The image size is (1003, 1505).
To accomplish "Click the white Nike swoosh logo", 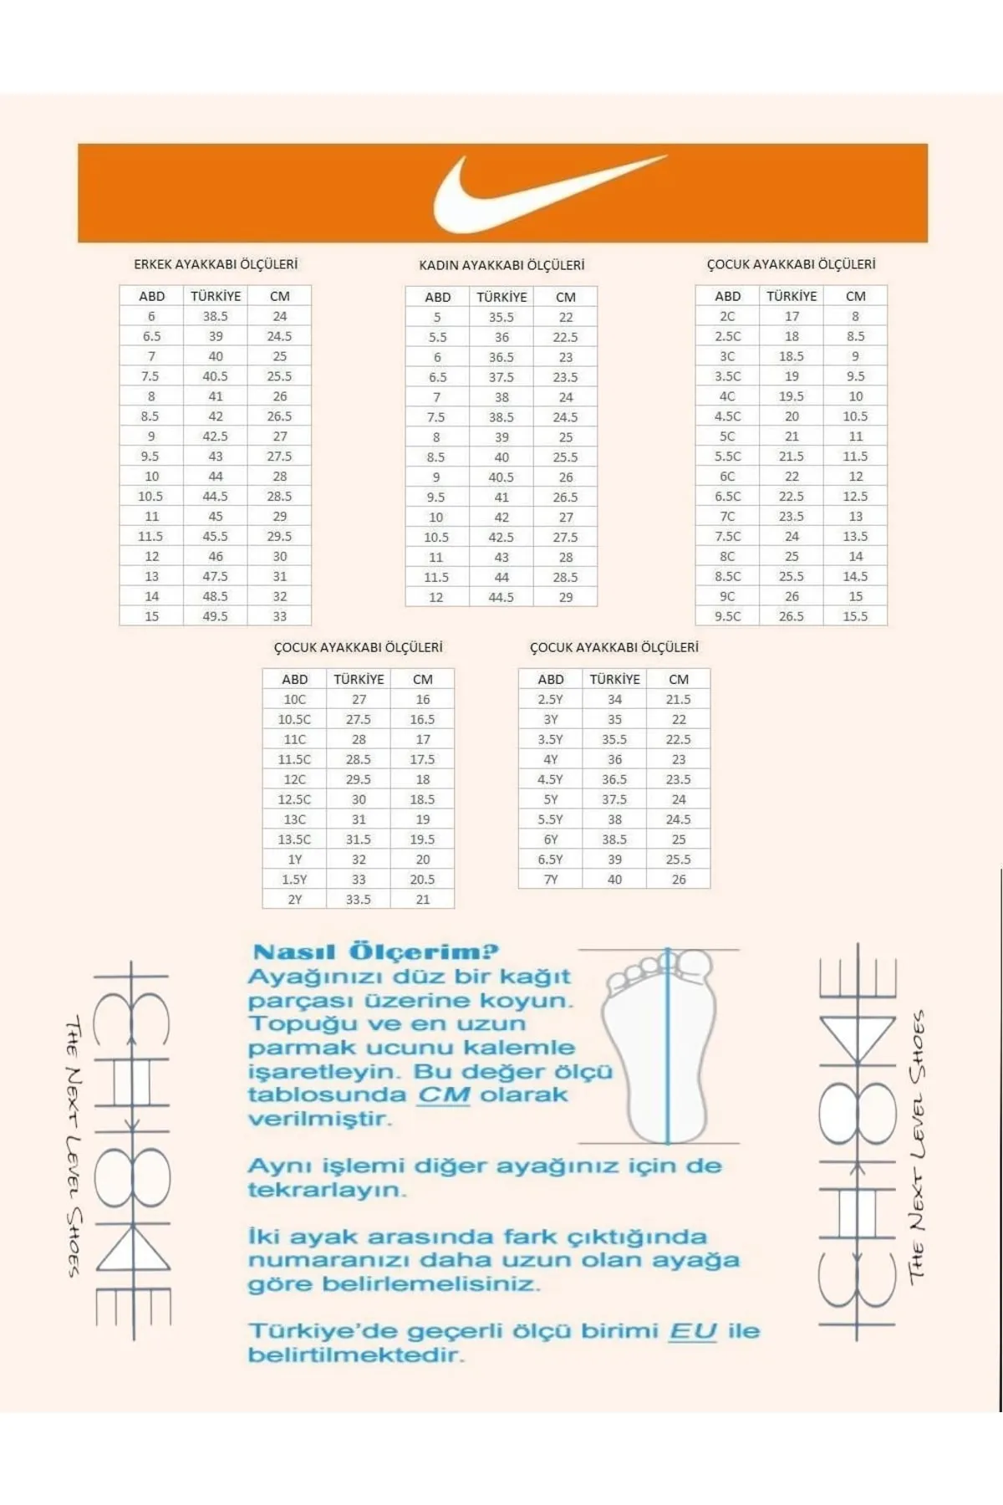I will (x=518, y=196).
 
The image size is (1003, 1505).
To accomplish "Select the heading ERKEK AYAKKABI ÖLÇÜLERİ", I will (x=216, y=264).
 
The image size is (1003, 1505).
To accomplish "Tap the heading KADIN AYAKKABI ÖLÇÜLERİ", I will (x=501, y=265).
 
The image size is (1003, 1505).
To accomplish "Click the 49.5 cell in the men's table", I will (x=215, y=616).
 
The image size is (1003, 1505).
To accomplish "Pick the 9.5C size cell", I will (x=727, y=616).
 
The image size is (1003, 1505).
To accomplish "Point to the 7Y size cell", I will (x=550, y=880).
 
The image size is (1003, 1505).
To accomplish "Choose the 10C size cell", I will (x=294, y=699).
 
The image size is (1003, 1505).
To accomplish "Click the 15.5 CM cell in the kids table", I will (x=855, y=616).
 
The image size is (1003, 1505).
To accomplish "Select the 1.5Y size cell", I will (x=294, y=880).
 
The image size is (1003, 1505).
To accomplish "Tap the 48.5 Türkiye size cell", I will (x=215, y=596).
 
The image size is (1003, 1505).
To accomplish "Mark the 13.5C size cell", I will (x=294, y=839).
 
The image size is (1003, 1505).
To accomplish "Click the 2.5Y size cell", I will (x=550, y=699).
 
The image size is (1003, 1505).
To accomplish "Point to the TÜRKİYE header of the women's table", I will (x=501, y=297).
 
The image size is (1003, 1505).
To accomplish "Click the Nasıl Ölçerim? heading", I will (x=375, y=952).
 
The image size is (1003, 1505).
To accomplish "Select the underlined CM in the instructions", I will (x=444, y=1095).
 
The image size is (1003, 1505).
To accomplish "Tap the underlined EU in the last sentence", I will (x=693, y=1331).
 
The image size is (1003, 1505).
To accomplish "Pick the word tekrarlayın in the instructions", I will (x=327, y=1190).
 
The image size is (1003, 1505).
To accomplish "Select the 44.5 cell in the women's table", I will (x=501, y=597).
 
